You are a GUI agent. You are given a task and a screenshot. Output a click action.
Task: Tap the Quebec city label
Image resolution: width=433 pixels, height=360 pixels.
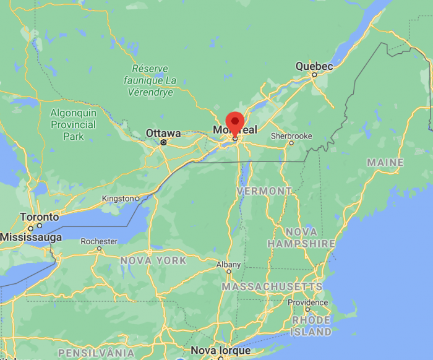click(314, 66)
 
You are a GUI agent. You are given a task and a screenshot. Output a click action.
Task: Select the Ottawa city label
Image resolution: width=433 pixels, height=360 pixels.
click(163, 133)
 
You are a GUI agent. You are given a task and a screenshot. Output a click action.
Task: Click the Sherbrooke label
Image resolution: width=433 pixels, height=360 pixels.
click(291, 136)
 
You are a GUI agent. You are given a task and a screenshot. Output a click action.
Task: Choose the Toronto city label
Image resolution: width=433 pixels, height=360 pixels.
click(40, 218)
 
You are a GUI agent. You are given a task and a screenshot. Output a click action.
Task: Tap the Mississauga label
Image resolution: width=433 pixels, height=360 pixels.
click(31, 237)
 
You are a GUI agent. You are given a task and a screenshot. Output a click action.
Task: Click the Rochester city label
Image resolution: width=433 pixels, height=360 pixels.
click(99, 241)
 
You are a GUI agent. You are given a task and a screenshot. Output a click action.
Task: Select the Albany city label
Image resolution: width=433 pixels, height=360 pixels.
click(228, 264)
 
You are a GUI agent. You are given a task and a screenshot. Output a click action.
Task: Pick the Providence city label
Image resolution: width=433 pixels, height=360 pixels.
click(307, 302)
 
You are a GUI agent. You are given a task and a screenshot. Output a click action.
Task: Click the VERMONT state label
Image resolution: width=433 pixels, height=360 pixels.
click(264, 191)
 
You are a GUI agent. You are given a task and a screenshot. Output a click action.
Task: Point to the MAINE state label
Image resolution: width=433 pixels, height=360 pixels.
click(385, 162)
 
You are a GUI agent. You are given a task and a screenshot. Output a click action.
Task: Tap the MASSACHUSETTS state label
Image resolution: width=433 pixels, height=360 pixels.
click(272, 287)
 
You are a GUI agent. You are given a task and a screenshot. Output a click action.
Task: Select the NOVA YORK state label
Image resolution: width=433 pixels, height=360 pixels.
click(153, 260)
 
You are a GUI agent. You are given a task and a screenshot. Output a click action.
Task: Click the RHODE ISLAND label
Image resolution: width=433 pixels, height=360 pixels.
click(311, 326)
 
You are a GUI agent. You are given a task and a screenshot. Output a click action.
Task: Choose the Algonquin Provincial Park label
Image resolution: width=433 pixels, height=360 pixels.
click(73, 125)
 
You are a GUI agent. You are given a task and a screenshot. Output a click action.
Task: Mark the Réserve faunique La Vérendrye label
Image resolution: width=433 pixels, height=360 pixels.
click(154, 80)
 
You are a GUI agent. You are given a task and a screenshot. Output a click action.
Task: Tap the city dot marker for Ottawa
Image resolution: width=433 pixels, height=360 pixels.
click(164, 142)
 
